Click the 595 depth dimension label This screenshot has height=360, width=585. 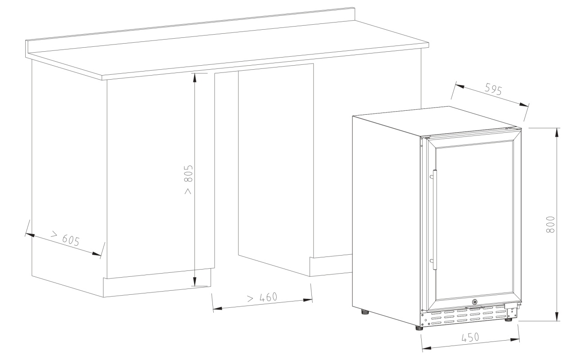pos(493,89)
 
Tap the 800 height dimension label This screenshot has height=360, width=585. pos(550,224)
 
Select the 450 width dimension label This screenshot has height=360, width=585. pos(470,337)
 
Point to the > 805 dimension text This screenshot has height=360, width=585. pos(188,180)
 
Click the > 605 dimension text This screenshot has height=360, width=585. pos(65,238)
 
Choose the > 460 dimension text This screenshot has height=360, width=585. pos(262,297)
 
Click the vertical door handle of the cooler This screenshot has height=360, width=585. pos(434,220)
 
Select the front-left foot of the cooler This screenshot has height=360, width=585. pos(419,328)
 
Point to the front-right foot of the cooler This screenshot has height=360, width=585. pos(508,319)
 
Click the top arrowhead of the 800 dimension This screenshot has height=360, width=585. pos(557,132)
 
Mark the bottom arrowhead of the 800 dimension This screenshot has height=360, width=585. pos(557,316)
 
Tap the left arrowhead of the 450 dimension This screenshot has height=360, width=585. pos(427,348)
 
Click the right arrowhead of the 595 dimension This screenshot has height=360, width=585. pos(524,104)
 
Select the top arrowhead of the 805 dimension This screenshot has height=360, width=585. pos(194,78)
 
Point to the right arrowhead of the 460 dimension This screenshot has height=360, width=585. pos(308,300)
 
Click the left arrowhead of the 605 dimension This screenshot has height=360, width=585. pos(30,235)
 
